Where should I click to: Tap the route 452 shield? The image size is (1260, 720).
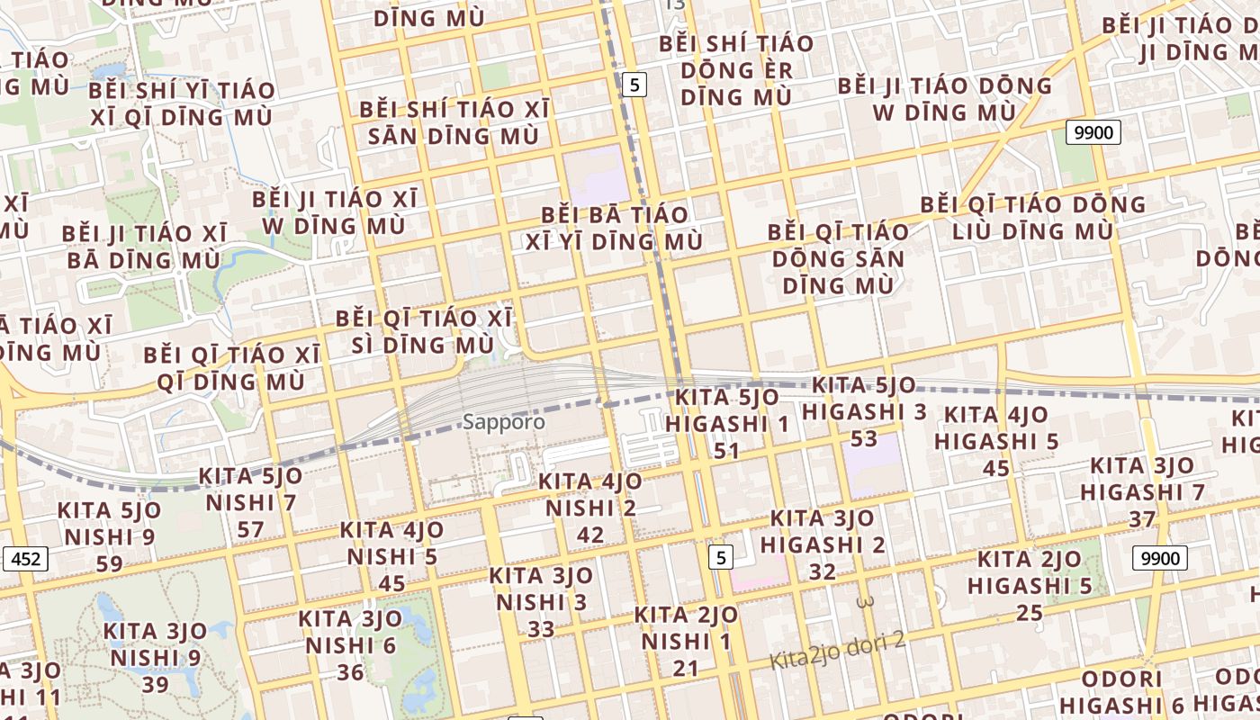click(x=25, y=559)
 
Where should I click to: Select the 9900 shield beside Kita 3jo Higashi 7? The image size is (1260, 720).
click(x=1160, y=558)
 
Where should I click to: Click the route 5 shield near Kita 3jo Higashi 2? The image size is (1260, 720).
click(x=720, y=557)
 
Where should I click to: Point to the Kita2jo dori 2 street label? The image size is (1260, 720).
click(x=837, y=651)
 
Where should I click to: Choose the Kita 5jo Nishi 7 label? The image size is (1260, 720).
click(x=250, y=502)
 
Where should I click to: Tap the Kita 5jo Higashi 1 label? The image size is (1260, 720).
click(x=726, y=423)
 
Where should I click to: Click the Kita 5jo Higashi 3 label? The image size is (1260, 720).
click(x=864, y=411)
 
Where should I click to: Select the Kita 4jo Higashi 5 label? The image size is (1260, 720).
click(x=996, y=441)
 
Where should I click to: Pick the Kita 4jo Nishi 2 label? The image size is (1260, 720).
click(x=590, y=508)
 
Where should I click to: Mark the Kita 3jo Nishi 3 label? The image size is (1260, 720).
click(x=541, y=601)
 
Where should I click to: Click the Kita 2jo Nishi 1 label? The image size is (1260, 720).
click(x=686, y=641)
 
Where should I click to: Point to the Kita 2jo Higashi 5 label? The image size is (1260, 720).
click(x=1030, y=586)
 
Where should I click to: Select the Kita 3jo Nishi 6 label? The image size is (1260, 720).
click(x=350, y=645)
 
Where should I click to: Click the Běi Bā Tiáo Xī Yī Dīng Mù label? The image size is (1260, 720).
click(x=615, y=229)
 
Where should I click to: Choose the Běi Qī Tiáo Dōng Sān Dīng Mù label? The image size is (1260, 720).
click(x=838, y=258)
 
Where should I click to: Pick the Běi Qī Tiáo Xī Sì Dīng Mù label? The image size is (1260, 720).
click(x=423, y=331)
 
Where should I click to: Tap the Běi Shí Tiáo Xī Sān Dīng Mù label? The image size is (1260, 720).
click(x=454, y=122)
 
